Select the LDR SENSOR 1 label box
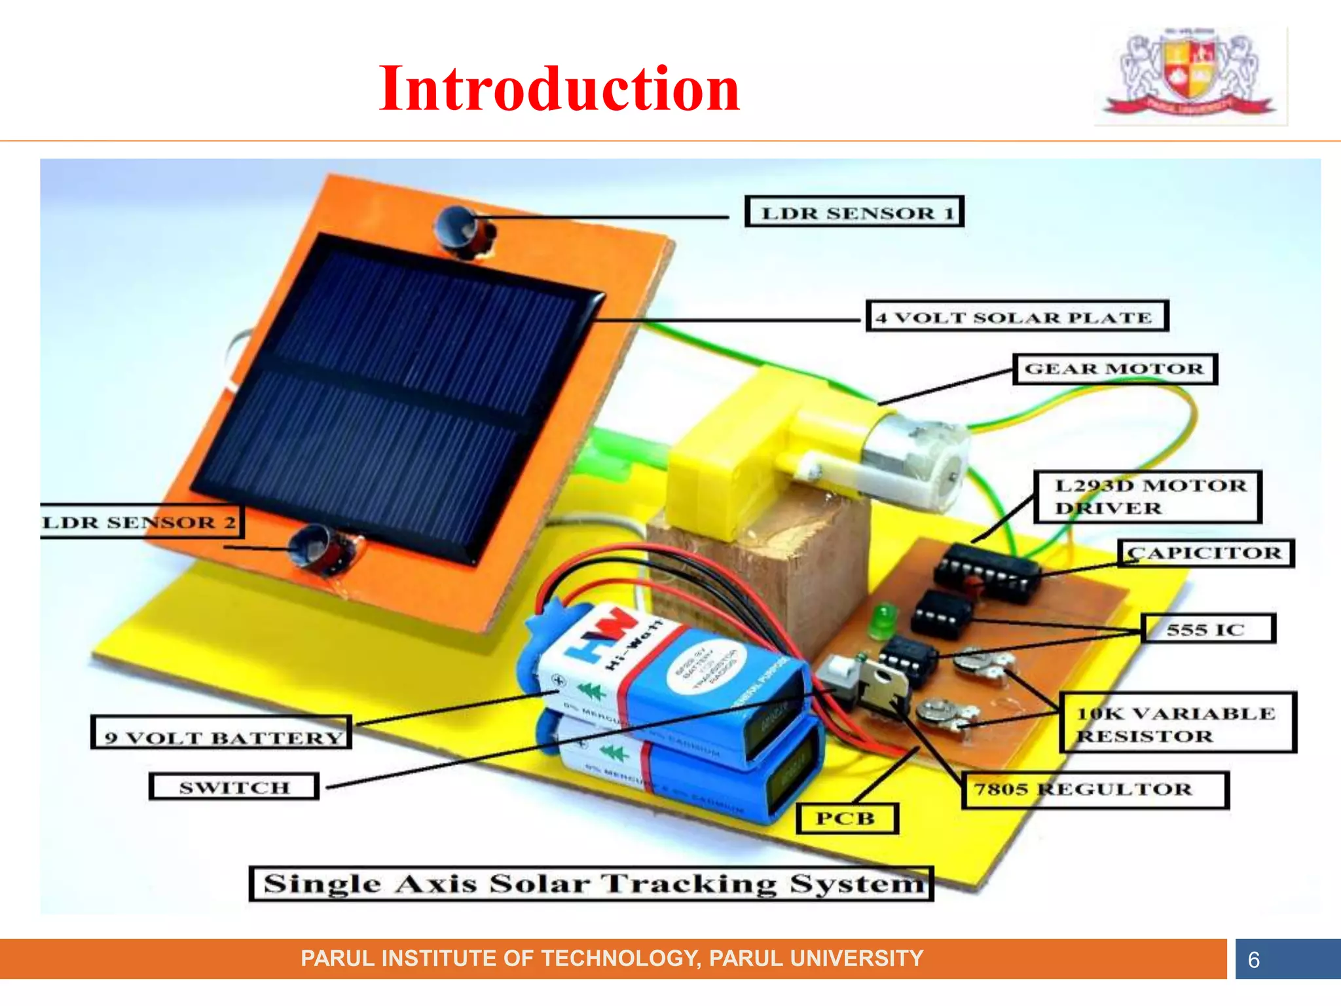(854, 212)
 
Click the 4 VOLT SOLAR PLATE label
(1017, 317)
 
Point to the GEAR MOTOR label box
(1114, 369)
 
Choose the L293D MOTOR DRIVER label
(1147, 497)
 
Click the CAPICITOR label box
(1205, 553)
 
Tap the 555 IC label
(1208, 629)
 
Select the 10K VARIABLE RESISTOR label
(1177, 724)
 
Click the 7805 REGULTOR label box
(1094, 790)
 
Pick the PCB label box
(847, 819)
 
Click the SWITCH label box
(234, 787)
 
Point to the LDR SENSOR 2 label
(141, 522)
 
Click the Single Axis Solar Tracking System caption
(591, 884)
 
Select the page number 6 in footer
(1253, 959)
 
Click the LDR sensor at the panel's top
(462, 229)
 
